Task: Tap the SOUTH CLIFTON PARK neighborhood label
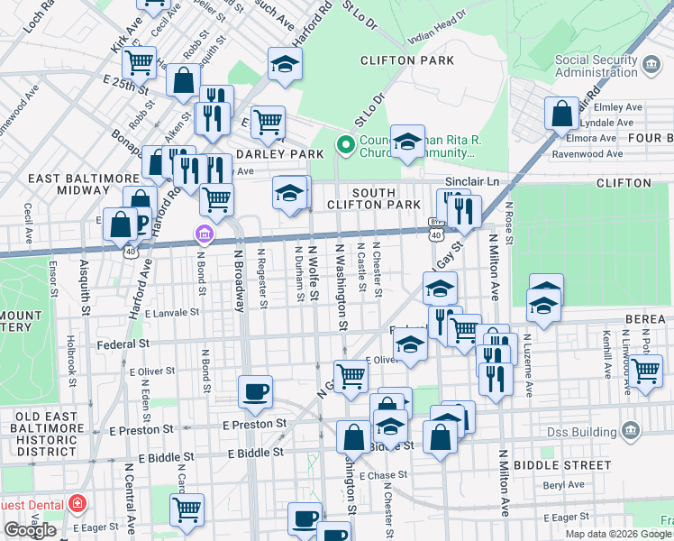pyautogui.click(x=386, y=200)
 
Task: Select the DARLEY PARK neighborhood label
pyautogui.click(x=279, y=154)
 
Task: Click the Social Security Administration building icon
pyautogui.click(x=651, y=67)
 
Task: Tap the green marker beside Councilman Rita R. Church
pyautogui.click(x=344, y=145)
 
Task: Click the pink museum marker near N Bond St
pyautogui.click(x=205, y=235)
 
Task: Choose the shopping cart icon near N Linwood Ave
pyautogui.click(x=645, y=370)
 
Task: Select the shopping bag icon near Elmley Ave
pyautogui.click(x=561, y=115)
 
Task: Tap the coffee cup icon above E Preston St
pyautogui.click(x=256, y=390)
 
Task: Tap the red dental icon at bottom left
pyautogui.click(x=78, y=501)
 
